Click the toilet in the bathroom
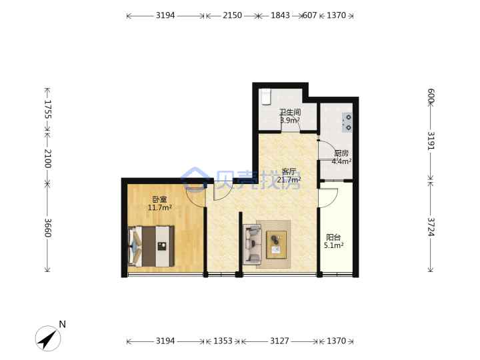(266, 97)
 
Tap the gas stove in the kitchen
(347, 123)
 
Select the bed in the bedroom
(151, 246)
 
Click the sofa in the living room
(252, 244)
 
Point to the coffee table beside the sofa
(277, 245)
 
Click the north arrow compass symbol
(48, 338)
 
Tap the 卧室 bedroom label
(159, 199)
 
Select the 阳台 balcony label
(333, 237)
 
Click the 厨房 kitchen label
(341, 153)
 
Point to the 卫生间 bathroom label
(290, 112)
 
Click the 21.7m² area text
(289, 179)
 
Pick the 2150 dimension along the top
(233, 15)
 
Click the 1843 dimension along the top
(280, 15)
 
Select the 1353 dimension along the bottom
(223, 341)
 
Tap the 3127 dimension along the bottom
(279, 341)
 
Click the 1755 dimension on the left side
(48, 109)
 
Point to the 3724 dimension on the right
(431, 227)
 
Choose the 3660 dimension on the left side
(48, 228)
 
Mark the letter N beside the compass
(63, 324)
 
